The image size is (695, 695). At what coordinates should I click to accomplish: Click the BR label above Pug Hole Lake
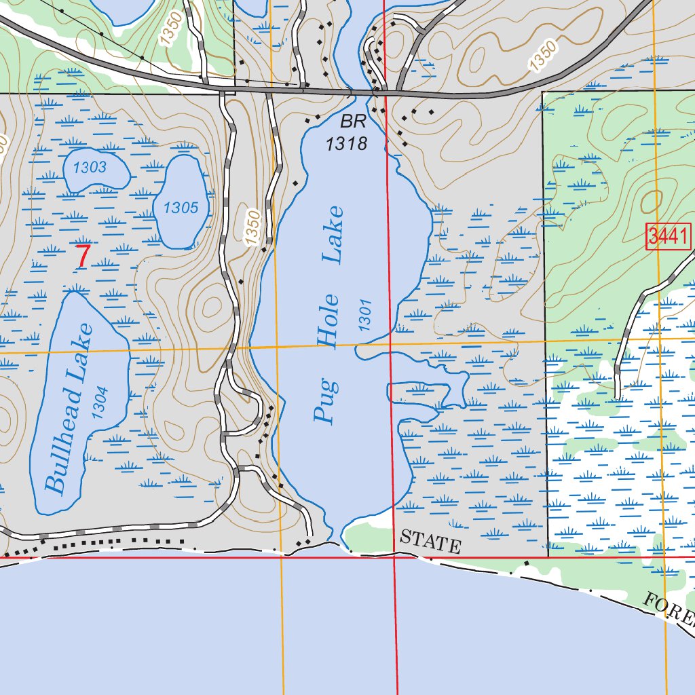(x=353, y=123)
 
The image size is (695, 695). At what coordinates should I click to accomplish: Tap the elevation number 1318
(x=346, y=143)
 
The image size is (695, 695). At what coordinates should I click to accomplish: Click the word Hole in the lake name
(x=329, y=320)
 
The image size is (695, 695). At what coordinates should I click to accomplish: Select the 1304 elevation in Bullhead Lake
(x=99, y=402)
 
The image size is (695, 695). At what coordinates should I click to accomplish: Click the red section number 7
(x=82, y=257)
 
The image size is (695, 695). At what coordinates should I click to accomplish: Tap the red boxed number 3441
(x=668, y=237)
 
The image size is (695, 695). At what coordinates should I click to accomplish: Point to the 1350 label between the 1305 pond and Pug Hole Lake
(x=252, y=228)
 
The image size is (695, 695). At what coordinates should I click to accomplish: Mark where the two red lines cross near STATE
(x=394, y=558)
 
